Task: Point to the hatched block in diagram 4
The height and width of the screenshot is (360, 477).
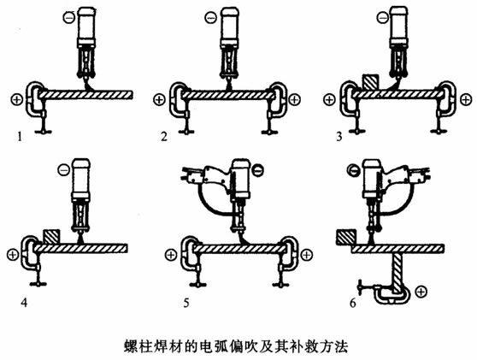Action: coord(50,234)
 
